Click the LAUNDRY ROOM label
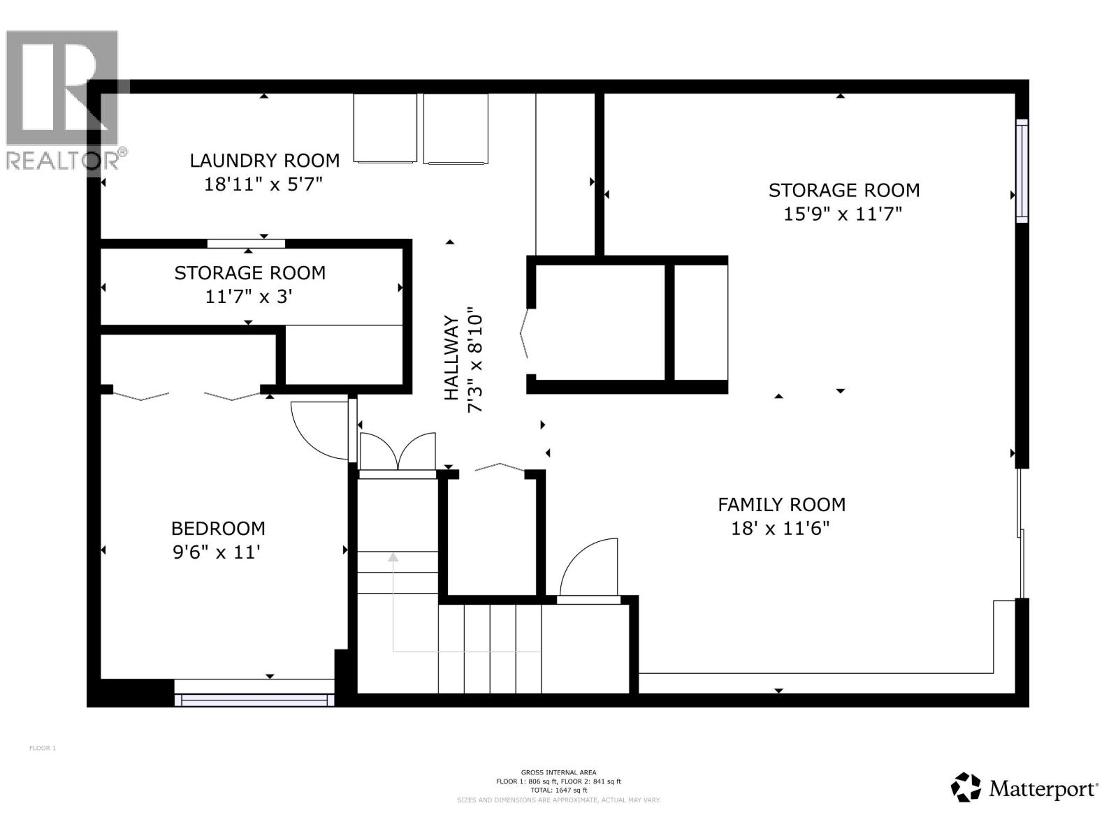[265, 161]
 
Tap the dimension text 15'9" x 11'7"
[843, 214]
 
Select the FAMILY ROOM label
[781, 504]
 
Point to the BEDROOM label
[218, 529]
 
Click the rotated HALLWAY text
[452, 358]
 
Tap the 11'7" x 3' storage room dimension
[248, 297]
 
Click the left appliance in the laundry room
[385, 128]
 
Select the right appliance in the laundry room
[456, 128]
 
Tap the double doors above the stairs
[397, 453]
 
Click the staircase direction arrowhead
[393, 557]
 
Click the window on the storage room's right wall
[1022, 171]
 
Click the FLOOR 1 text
[43, 748]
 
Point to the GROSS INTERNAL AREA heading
[558, 772]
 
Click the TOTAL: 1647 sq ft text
[558, 791]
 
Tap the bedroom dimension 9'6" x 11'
[217, 552]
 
